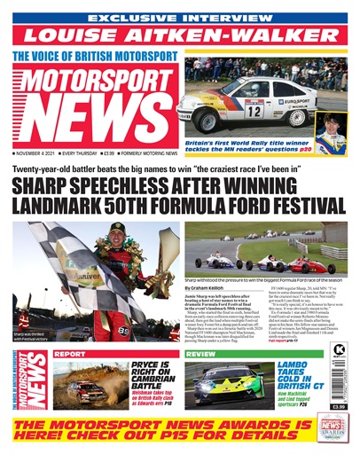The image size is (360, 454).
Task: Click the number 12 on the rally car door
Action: pos(254,111)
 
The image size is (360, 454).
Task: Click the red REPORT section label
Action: pos(69,354)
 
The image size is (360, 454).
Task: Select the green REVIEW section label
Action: pos(200,354)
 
